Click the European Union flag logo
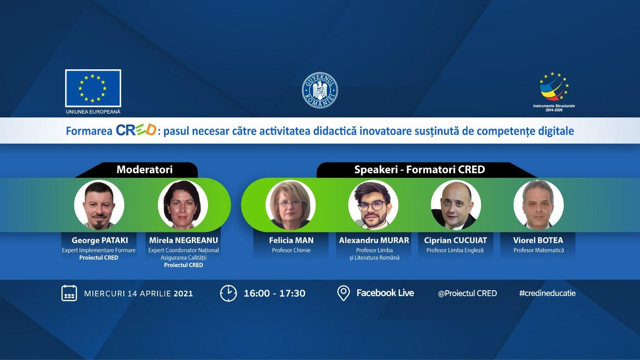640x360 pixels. click(x=93, y=88)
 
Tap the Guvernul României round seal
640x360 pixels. click(x=320, y=90)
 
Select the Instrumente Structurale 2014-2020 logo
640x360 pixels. click(x=554, y=92)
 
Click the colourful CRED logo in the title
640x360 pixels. click(x=136, y=130)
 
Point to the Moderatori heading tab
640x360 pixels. click(x=145, y=170)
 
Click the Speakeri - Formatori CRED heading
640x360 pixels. click(x=420, y=170)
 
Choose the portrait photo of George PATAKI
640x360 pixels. click(x=99, y=205)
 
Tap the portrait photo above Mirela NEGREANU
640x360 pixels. click(x=183, y=205)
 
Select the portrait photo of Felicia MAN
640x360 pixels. click(x=291, y=205)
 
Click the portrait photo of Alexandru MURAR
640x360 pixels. click(x=373, y=205)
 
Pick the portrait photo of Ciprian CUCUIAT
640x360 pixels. click(x=456, y=205)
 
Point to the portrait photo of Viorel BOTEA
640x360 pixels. click(x=539, y=205)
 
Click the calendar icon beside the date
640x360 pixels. click(x=69, y=293)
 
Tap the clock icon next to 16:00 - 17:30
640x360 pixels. click(x=228, y=293)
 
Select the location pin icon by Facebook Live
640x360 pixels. click(x=343, y=293)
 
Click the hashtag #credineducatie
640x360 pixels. click(x=547, y=293)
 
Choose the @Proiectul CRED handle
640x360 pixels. click(x=468, y=293)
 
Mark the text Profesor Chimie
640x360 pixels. click(x=291, y=250)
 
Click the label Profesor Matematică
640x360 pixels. click(x=539, y=250)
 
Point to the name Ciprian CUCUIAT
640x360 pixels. click(x=456, y=240)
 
